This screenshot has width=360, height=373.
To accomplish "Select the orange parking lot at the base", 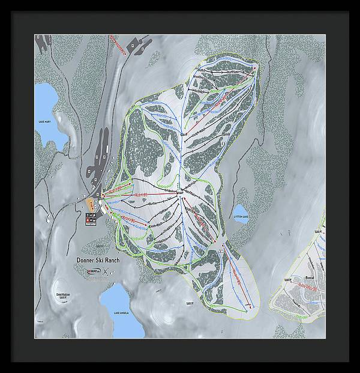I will [90, 203].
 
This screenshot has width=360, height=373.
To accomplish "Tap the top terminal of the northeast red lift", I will [256, 68].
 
